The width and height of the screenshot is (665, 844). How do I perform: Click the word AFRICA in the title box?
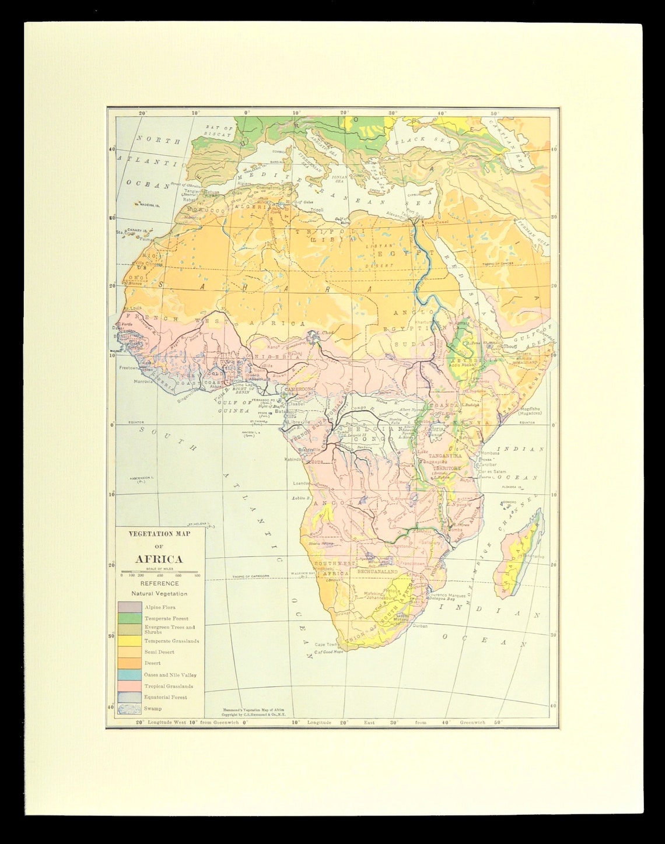tap(159, 559)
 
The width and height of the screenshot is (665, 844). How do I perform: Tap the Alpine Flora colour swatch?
tap(128, 607)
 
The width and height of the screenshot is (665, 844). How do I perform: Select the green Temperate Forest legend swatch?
tap(128, 618)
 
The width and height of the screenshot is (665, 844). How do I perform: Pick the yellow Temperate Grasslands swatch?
tap(128, 640)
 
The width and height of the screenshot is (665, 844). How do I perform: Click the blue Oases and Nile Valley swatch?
tap(128, 674)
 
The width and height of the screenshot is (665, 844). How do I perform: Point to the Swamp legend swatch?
tap(128, 709)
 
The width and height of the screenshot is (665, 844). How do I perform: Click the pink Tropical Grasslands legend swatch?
tap(128, 686)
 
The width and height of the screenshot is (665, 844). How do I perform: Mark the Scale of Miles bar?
tap(159, 572)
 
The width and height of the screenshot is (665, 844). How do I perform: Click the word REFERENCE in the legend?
tap(159, 583)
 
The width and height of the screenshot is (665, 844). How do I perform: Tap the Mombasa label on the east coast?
tap(489, 453)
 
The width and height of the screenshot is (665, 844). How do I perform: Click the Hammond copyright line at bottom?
tap(257, 712)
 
